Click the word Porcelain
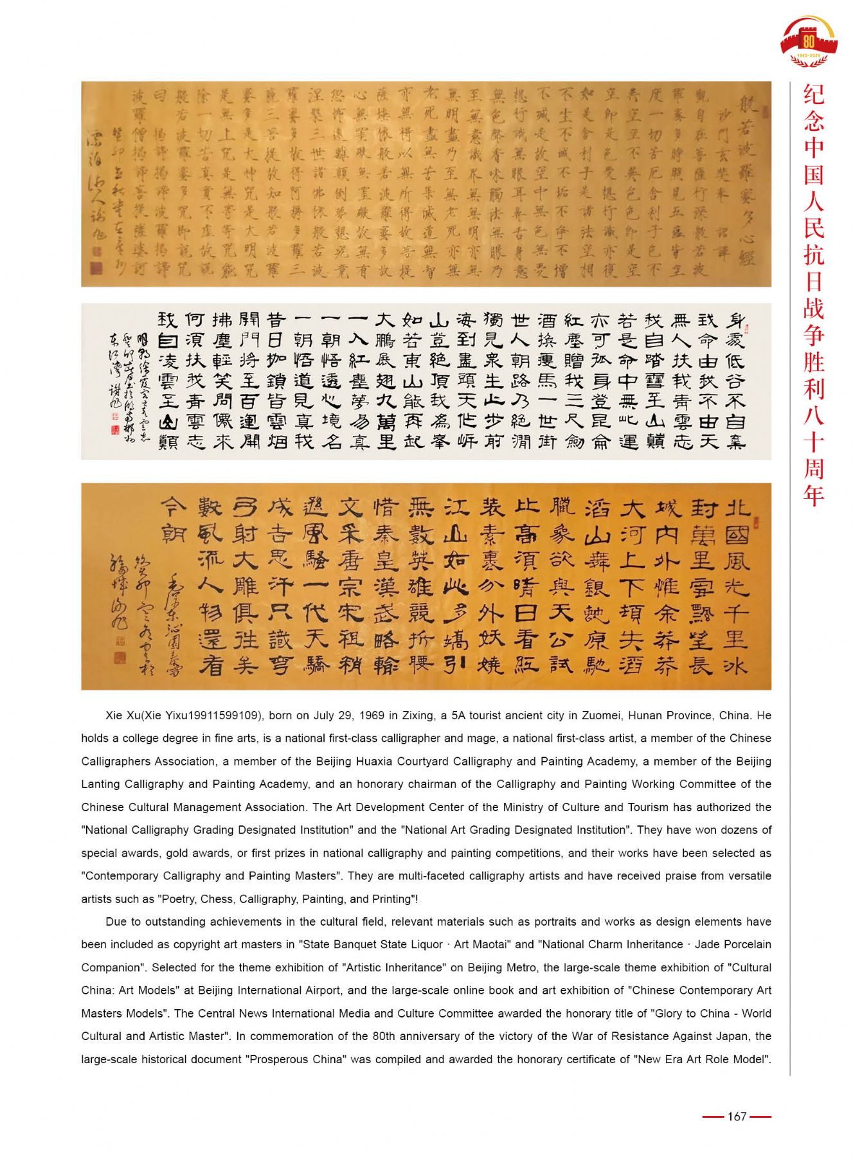[x=747, y=945]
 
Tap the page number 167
[x=737, y=1117]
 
